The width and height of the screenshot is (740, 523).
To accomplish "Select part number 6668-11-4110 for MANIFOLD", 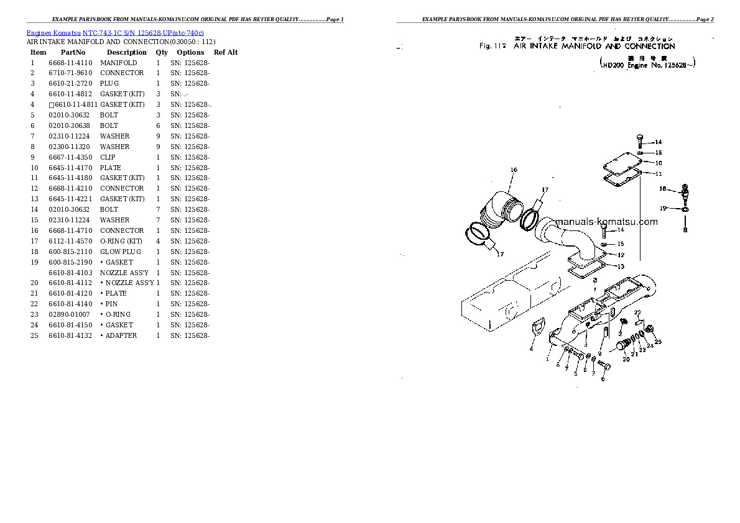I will click(x=70, y=63).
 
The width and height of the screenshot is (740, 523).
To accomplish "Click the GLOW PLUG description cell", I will click(x=121, y=252).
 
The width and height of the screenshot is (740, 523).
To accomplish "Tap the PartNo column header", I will click(x=72, y=52).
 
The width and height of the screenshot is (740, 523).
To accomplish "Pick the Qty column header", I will click(x=162, y=52).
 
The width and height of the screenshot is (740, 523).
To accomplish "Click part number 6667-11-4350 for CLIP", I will click(x=70, y=157).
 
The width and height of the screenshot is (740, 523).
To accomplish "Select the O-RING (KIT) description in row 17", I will click(x=121, y=241).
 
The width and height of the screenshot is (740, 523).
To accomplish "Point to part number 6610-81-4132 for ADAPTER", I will click(x=70, y=335).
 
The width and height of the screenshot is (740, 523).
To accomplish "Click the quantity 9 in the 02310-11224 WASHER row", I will click(x=158, y=136).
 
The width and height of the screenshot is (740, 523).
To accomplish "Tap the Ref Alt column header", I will click(x=226, y=52).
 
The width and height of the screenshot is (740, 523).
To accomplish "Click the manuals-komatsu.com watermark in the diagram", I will click(x=606, y=222).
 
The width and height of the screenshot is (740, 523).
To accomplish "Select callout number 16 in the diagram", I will click(x=514, y=170).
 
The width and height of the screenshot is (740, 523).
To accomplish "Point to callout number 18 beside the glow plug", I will click(x=663, y=189).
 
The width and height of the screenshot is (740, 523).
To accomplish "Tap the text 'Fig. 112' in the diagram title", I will click(x=493, y=47).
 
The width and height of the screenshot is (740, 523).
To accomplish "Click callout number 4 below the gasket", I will click(x=531, y=348).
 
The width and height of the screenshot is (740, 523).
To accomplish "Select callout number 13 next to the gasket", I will click(x=620, y=266).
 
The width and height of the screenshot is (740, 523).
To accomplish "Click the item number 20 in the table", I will click(x=34, y=283).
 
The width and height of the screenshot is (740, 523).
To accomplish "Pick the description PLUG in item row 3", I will click(x=109, y=83).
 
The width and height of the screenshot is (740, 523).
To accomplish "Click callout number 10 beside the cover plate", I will click(x=659, y=163).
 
